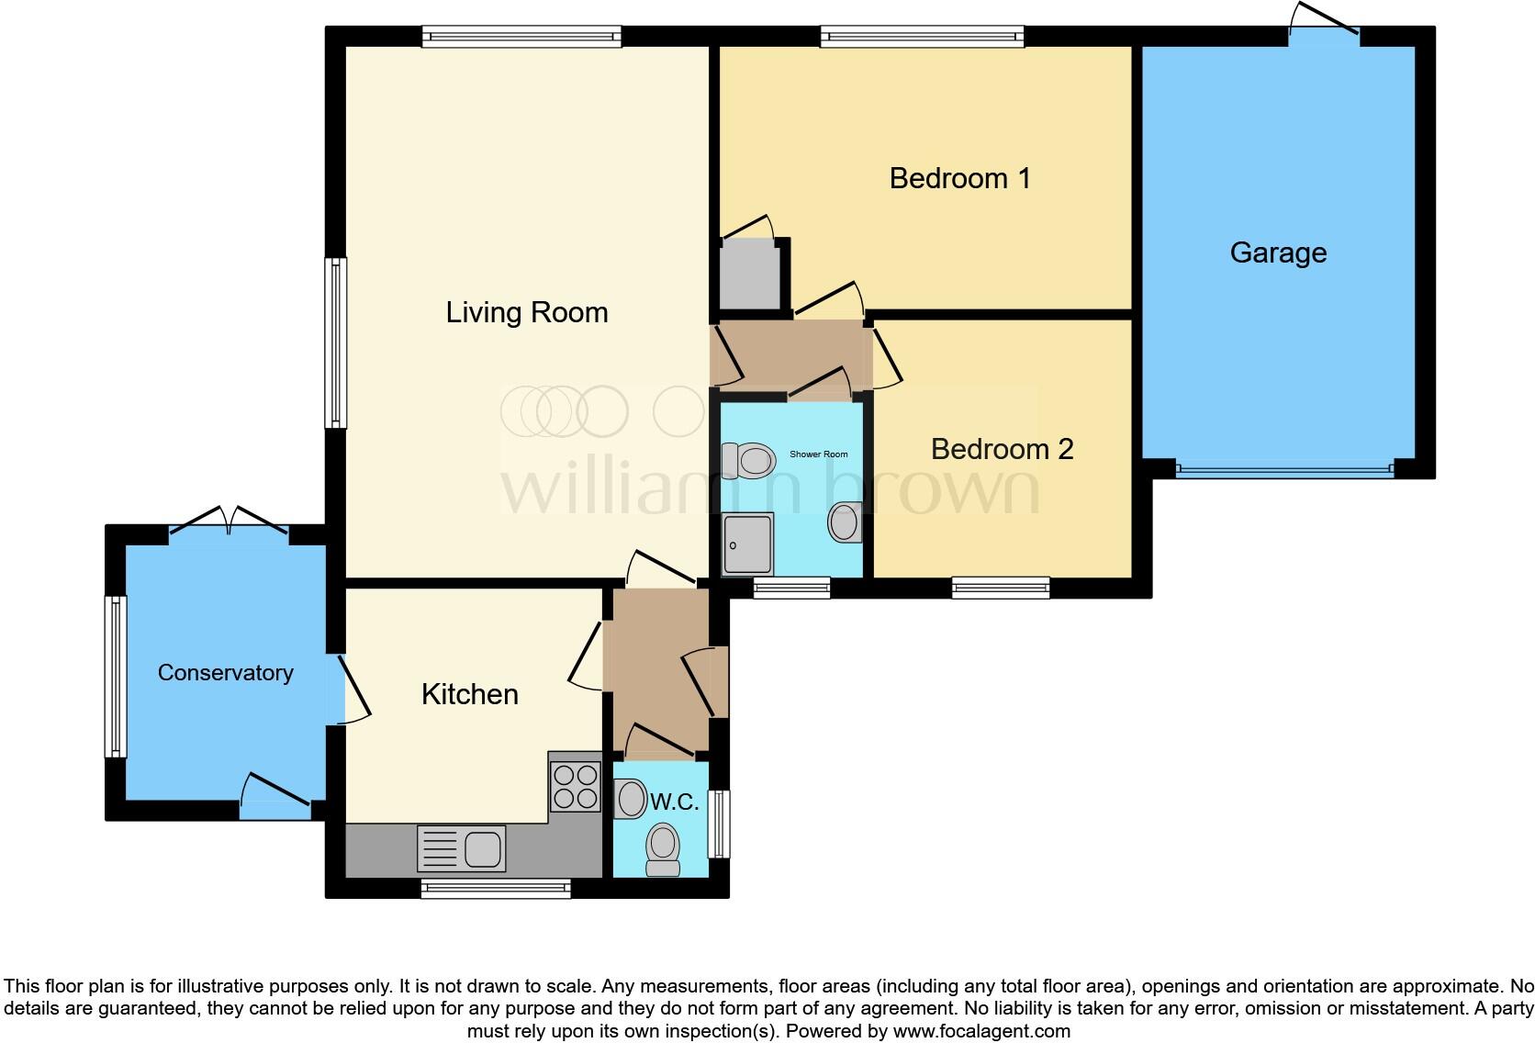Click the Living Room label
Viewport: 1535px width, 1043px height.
[527, 313]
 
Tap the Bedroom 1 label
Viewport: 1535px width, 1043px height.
[959, 178]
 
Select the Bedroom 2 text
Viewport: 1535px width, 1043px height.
[1002, 449]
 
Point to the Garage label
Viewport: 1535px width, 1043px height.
[1278, 252]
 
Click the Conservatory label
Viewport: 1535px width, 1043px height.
[225, 673]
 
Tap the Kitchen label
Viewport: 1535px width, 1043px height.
[469, 694]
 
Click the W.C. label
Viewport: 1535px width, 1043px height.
[675, 802]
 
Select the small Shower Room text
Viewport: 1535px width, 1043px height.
[819, 454]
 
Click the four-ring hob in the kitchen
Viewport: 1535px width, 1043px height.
[576, 787]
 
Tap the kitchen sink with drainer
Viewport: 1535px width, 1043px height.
[462, 847]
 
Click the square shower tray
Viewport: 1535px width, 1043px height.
[747, 544]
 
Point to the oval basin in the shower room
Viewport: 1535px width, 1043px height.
[843, 523]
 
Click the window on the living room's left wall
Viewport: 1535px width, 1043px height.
[337, 342]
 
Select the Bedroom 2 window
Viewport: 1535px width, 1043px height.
[1001, 588]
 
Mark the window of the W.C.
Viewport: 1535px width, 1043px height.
[721, 824]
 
